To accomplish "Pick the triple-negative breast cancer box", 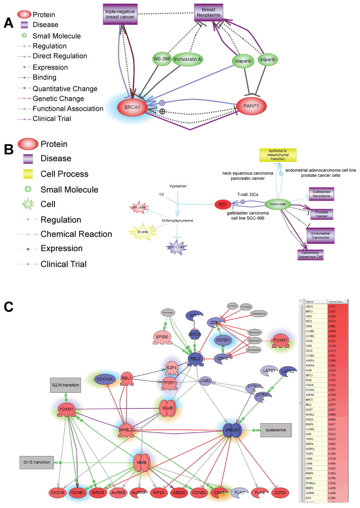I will click(120, 14).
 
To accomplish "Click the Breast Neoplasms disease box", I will click(208, 12).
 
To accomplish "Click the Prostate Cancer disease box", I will click(321, 214).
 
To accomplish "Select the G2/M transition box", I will click(66, 385).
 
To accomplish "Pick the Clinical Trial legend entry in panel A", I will click(52, 118).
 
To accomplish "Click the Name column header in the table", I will click(310, 302).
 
